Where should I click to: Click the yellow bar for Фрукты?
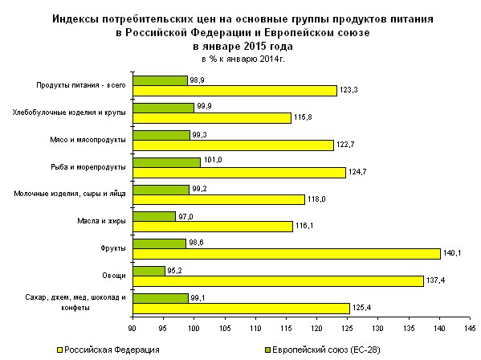coord(286,253)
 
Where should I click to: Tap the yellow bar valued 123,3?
coord(234,91)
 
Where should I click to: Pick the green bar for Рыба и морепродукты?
coord(166,162)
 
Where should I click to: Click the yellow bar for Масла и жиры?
coord(212,227)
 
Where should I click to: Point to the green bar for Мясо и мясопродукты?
coord(161,134)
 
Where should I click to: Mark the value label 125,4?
coord(361,309)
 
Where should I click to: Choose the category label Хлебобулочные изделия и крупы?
coord(71,112)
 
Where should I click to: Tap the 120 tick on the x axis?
coord(317,327)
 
